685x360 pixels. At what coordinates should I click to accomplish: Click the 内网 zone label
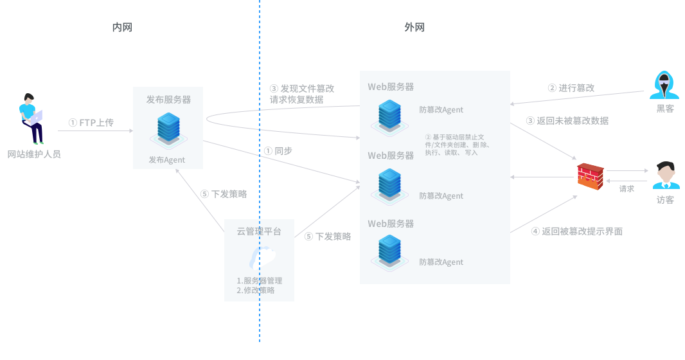[122, 27]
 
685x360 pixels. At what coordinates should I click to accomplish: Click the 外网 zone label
[414, 27]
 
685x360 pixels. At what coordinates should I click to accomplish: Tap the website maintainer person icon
[31, 119]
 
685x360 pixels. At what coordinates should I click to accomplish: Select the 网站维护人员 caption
[34, 154]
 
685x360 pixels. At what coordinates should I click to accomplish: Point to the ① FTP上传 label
[91, 122]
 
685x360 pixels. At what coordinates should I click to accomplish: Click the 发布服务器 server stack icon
[168, 129]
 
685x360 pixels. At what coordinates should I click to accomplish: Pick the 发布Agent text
[167, 160]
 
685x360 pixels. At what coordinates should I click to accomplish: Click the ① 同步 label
[278, 151]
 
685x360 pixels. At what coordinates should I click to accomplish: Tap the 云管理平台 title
[259, 231]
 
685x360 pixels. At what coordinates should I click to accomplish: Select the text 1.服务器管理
[260, 281]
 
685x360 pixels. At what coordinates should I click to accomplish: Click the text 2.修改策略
[256, 291]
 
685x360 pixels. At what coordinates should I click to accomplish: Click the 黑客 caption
[665, 109]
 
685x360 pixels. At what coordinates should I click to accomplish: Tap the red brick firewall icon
[590, 177]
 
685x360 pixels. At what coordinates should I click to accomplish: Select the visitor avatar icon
[666, 175]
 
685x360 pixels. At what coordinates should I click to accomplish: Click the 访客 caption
[665, 200]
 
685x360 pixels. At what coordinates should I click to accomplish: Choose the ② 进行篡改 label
[571, 88]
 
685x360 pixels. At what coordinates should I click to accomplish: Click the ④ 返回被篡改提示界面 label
[576, 231]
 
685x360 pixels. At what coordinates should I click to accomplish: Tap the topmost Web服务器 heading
[391, 87]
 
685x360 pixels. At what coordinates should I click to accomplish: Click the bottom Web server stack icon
[389, 251]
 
